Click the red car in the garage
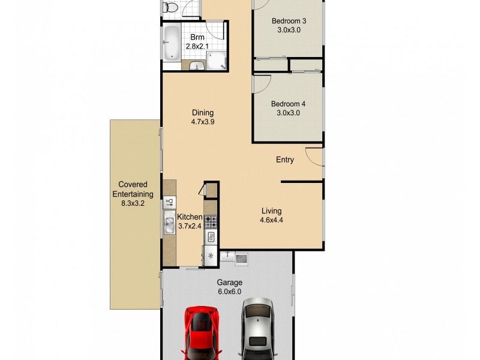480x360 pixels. (202, 333)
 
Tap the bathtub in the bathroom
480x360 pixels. (170, 43)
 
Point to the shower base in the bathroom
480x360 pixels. (216, 60)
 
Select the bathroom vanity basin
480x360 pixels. (196, 65)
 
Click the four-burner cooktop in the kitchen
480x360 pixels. (211, 221)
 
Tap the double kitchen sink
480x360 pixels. (169, 224)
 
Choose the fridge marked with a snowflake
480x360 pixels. (211, 256)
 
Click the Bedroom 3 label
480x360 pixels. (288, 20)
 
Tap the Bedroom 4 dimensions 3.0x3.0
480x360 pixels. (288, 113)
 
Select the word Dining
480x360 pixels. (203, 112)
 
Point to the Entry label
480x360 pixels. (285, 160)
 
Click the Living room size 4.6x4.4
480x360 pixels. (271, 220)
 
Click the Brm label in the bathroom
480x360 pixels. (197, 37)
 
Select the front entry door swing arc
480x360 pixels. (314, 157)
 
